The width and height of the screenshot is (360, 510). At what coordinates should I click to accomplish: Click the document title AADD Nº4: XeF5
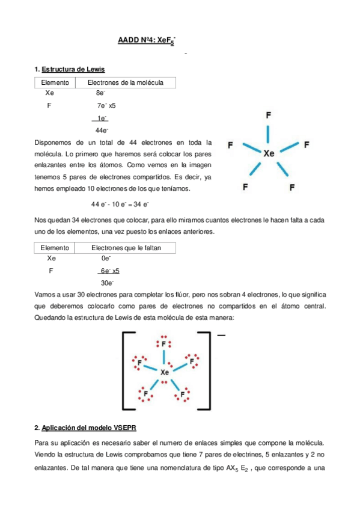tap(148, 41)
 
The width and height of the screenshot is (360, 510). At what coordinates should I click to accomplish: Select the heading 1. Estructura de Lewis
tap(70, 70)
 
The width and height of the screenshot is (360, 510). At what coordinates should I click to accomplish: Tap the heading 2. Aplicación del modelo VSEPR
tap(86, 428)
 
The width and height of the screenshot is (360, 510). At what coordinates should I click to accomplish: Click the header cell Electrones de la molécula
tap(126, 82)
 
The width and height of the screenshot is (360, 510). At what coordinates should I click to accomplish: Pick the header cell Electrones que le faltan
tap(126, 248)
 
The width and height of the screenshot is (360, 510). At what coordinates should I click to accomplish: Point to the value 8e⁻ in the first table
tap(100, 94)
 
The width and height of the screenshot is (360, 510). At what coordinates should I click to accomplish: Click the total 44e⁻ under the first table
tap(102, 130)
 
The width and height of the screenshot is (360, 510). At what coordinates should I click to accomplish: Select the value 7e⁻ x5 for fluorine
tap(106, 105)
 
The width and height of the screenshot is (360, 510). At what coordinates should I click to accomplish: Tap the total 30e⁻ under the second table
tap(108, 283)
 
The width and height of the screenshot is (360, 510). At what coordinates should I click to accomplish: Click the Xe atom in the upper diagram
tap(269, 153)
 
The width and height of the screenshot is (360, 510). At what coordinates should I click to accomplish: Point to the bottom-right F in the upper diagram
tap(292, 188)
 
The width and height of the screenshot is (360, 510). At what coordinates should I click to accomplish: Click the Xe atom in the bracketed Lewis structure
tap(165, 373)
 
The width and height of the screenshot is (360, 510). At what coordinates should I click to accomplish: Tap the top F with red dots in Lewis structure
tap(164, 344)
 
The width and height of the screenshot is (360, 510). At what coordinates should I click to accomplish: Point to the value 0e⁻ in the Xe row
tap(107, 259)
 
